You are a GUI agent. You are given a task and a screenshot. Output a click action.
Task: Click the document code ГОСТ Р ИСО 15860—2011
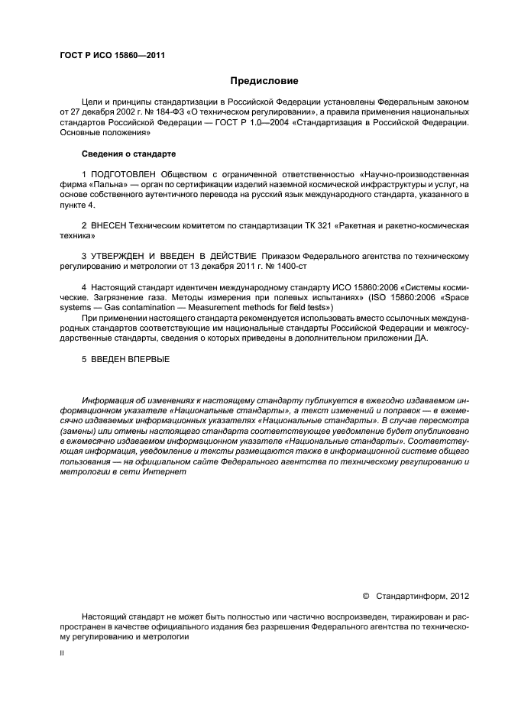point(112,55)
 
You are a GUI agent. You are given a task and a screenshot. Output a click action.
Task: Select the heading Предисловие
point(264,81)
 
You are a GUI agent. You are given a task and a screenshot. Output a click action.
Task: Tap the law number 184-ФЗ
point(159,112)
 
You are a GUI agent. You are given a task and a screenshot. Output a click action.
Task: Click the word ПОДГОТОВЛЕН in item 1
point(125,176)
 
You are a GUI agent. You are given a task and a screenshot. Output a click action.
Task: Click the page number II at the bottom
point(62,654)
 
